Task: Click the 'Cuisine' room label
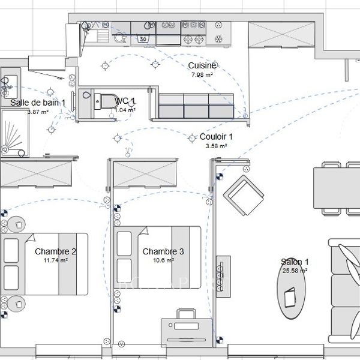pos(202,65)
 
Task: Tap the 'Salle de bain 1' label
pos(38,103)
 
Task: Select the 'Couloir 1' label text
pos(216,137)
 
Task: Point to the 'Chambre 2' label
pos(55,251)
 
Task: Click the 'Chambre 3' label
pos(163,251)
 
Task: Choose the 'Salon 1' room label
pos(295,262)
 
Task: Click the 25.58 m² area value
pos(295,271)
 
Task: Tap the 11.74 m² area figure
pos(55,260)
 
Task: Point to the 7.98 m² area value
pos(202,74)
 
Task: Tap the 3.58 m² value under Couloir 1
pos(216,146)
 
